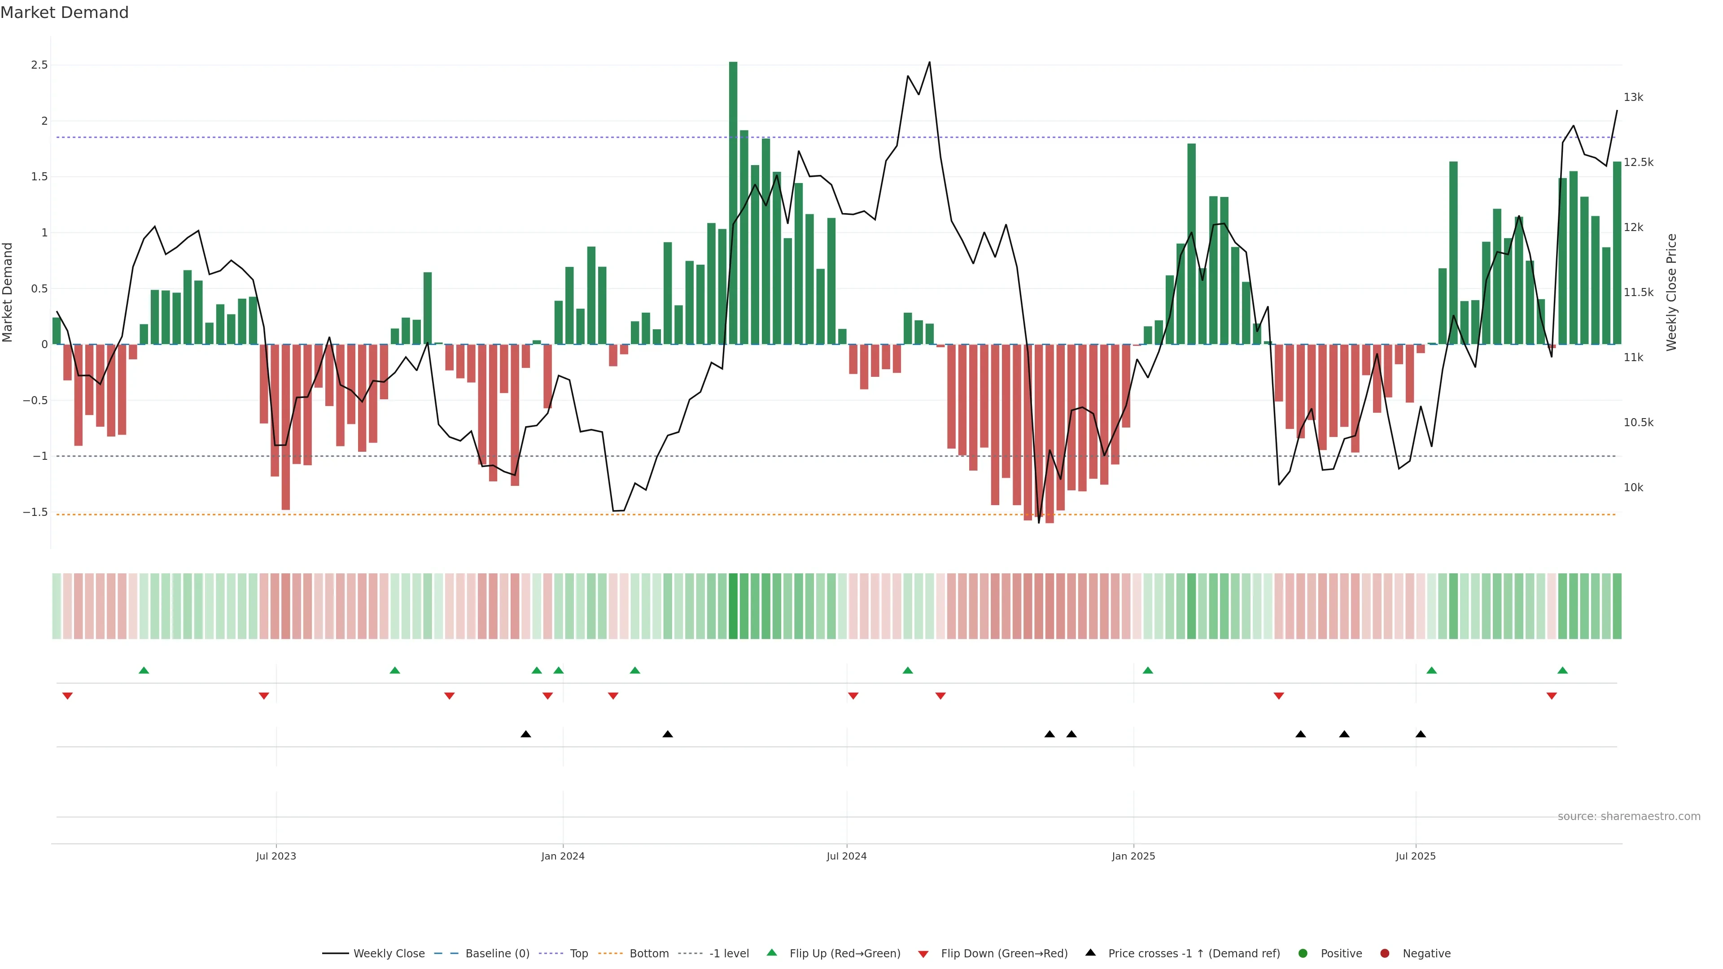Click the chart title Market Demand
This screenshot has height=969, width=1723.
[64, 13]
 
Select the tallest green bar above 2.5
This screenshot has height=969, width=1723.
[733, 201]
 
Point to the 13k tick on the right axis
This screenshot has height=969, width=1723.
[1633, 98]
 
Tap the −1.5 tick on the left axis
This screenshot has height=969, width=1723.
[35, 512]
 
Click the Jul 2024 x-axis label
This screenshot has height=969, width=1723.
[846, 856]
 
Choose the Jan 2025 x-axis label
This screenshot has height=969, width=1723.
[1133, 856]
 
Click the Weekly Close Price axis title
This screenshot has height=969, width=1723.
[1671, 292]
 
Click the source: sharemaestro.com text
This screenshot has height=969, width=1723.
[1629, 816]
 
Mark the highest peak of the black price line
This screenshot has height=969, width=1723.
[929, 63]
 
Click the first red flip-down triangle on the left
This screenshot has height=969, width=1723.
[68, 696]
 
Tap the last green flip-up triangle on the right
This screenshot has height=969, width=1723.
[1562, 670]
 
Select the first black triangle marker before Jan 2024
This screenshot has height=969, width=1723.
[526, 734]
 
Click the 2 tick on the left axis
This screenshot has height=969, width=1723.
[44, 121]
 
